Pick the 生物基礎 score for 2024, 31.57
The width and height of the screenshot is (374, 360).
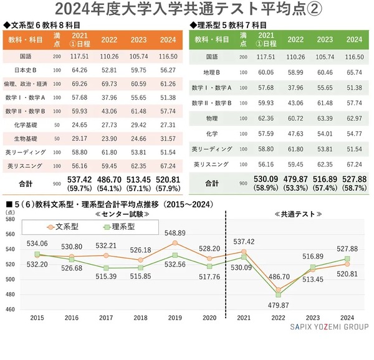tap(168, 138)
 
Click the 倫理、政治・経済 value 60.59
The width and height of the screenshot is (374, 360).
tap(140, 83)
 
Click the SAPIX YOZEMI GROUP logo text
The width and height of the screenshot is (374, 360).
tap(329, 327)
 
